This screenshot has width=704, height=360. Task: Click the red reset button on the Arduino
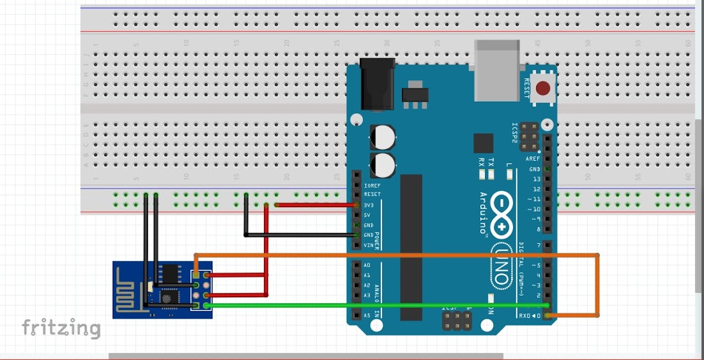pos(543,88)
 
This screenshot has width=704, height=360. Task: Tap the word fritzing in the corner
pos(61,328)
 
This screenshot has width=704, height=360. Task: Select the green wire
pos(374,305)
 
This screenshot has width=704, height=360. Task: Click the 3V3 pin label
pos(369,205)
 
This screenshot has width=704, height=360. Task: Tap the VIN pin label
pos(369,245)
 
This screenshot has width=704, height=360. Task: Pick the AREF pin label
pos(533,159)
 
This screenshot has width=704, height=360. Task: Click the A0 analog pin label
pos(367,265)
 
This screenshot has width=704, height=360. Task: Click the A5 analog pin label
pos(367,315)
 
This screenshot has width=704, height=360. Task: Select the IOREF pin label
pos(372,186)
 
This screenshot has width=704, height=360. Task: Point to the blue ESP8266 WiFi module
pos(162,290)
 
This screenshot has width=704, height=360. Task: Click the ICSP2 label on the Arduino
pos(515,133)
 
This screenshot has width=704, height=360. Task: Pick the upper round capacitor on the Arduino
pos(383,137)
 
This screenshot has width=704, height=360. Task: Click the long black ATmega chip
pos(411,247)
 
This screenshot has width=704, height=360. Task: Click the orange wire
pos(396,256)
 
